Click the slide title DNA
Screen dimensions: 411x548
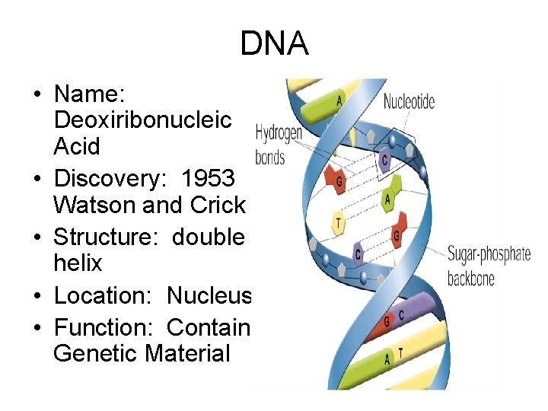coord(274,43)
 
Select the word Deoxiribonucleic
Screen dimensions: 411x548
coord(142,120)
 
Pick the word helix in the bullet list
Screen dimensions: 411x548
coord(78,263)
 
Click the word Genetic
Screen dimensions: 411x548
coord(97,353)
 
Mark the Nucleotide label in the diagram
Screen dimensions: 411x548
coord(409,101)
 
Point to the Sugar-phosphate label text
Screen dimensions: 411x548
coord(488,254)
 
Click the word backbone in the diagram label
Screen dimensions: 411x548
coord(470,278)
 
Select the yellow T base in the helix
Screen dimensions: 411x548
coord(338,223)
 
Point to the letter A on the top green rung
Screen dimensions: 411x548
coord(338,100)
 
